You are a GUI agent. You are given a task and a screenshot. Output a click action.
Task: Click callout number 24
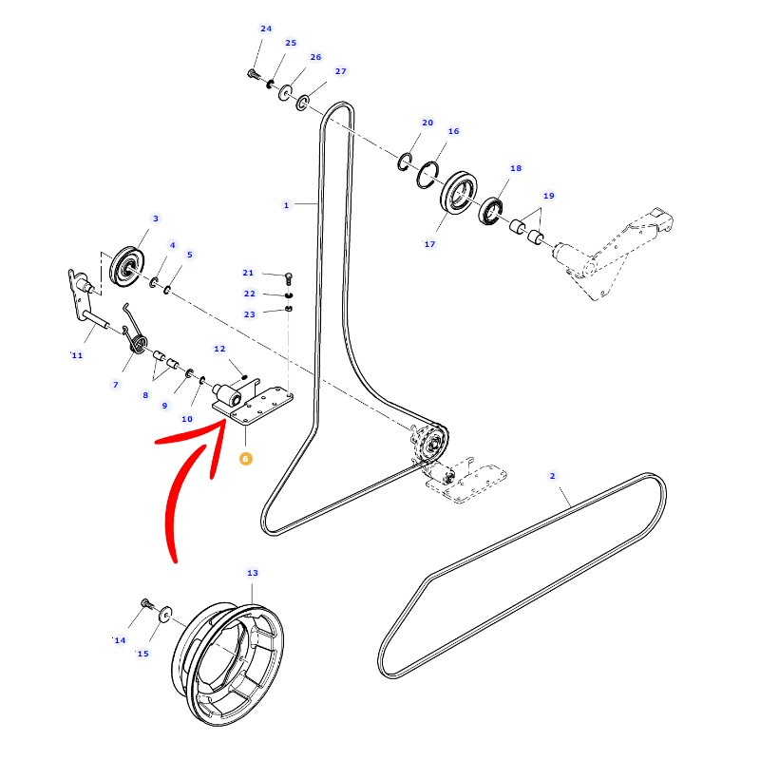[266, 28]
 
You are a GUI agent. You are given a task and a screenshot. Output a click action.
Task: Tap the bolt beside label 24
[254, 73]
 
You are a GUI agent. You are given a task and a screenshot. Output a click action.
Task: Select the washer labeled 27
[303, 101]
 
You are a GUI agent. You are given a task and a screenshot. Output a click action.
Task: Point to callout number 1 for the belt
[286, 204]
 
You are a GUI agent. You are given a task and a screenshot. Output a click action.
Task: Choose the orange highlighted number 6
[246, 458]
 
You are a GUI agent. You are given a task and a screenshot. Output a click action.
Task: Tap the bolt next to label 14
[145, 603]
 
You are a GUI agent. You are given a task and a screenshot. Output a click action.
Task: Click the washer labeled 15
[164, 616]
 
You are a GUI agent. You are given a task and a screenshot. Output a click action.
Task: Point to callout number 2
[552, 476]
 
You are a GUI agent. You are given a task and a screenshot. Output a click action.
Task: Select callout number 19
[548, 196]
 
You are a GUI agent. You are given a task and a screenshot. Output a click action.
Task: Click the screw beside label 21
[289, 275]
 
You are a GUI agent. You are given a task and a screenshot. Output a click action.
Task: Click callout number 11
[77, 355]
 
